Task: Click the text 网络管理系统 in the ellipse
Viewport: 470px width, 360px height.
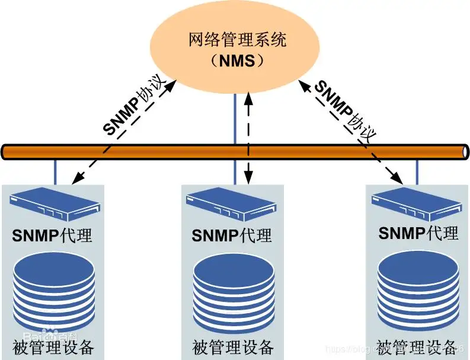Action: (x=236, y=41)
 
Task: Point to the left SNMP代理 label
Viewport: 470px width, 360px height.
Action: (x=52, y=235)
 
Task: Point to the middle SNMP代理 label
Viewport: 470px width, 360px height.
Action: (x=231, y=235)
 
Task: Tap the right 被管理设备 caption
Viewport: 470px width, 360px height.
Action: (x=417, y=346)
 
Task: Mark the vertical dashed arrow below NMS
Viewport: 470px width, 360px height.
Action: (x=249, y=136)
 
